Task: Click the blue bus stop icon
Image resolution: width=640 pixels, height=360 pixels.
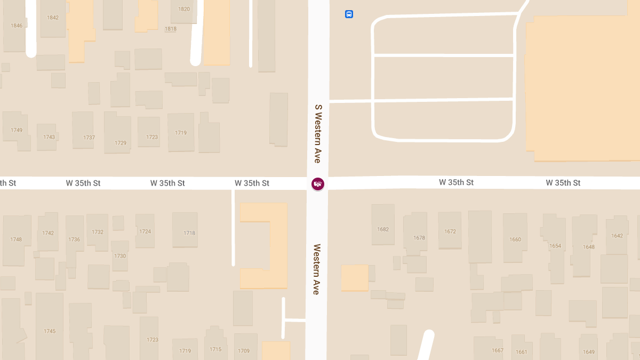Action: point(349,14)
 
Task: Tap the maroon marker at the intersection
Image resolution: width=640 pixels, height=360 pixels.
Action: point(318,184)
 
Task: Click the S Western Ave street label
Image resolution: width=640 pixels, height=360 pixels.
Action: point(318,133)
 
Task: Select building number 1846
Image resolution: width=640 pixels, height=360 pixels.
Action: point(17,26)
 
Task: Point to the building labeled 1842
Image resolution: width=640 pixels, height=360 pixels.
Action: point(53,18)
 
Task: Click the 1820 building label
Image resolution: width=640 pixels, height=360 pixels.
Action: point(184,9)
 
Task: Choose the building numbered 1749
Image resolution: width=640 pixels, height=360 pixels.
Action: point(17,130)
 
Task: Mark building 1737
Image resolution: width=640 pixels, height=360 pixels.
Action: point(89,138)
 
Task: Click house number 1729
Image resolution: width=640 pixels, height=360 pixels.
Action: point(121,143)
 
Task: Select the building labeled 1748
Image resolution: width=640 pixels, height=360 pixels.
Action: point(16,239)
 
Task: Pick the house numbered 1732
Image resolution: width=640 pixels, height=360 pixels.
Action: point(98,232)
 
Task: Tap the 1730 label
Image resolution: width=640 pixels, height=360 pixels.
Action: point(120,256)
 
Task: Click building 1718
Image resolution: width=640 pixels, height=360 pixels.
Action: point(189,233)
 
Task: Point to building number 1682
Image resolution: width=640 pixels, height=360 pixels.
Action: point(383,229)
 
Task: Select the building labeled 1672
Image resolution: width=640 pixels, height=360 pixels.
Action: point(450,231)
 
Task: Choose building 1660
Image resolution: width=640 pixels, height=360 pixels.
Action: point(515,239)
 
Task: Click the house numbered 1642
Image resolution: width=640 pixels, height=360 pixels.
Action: point(617,236)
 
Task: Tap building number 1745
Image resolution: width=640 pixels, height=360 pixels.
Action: point(50,331)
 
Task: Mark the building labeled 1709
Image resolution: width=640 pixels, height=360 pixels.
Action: point(244,351)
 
